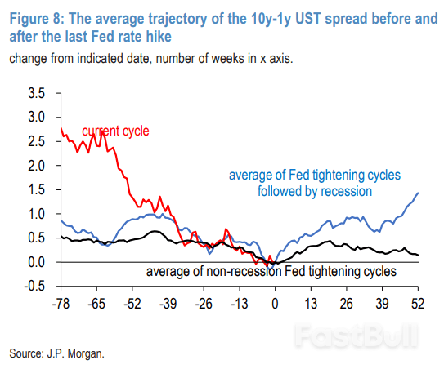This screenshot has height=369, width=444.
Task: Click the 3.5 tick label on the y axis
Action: tap(37, 93)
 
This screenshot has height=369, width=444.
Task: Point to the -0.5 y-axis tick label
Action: tap(34, 287)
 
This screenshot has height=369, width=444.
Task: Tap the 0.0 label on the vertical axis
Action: tap(37, 262)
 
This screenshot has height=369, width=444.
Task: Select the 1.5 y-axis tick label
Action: tap(37, 189)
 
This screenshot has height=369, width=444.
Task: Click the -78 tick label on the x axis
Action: tap(61, 304)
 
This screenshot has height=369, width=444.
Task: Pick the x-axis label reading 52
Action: tap(418, 304)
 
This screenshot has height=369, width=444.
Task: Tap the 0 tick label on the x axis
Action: tap(275, 304)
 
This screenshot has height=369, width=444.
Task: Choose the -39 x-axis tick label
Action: tap(168, 304)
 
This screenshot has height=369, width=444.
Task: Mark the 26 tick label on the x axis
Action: tap(347, 304)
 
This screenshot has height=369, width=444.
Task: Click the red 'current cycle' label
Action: tap(115, 131)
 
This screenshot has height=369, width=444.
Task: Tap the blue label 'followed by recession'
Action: tap(315, 191)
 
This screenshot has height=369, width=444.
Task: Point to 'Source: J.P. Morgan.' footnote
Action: tap(57, 353)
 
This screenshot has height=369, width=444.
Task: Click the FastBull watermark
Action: tap(357, 336)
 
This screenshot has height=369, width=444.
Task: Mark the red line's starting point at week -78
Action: tap(61, 127)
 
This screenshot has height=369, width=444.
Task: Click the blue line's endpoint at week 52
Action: tap(418, 193)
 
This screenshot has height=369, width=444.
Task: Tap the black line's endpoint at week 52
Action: tap(418, 255)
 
